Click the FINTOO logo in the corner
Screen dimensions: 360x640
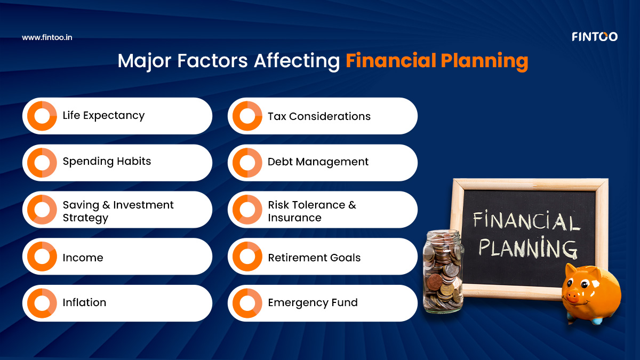pos(594,37)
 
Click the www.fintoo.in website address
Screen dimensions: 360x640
pos(47,37)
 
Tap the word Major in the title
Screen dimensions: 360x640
pos(140,61)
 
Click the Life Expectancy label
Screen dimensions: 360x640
pos(103,116)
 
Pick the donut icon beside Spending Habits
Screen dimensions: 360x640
pos(42,163)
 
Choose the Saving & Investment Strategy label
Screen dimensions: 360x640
pos(118,211)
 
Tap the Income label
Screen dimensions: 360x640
pos(83,258)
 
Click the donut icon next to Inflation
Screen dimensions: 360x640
pos(42,303)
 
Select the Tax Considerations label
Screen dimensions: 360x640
pos(319,116)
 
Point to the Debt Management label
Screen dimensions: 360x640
pos(318,162)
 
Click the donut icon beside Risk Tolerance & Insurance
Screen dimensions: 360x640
pos(247,210)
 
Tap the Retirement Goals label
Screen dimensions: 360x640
pos(314,258)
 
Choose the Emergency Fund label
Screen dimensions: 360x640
pos(313,303)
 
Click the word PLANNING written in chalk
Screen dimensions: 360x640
pos(527,247)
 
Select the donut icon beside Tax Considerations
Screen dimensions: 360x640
pos(247,116)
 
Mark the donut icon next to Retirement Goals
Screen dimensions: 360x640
pos(247,257)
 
